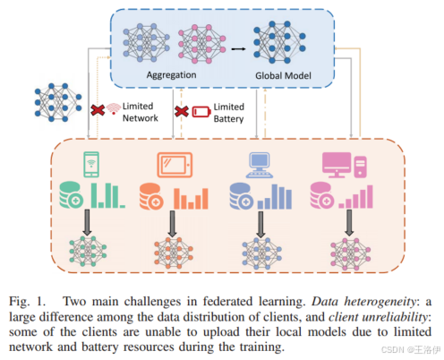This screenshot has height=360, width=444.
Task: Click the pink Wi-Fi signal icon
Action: click(x=113, y=110)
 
